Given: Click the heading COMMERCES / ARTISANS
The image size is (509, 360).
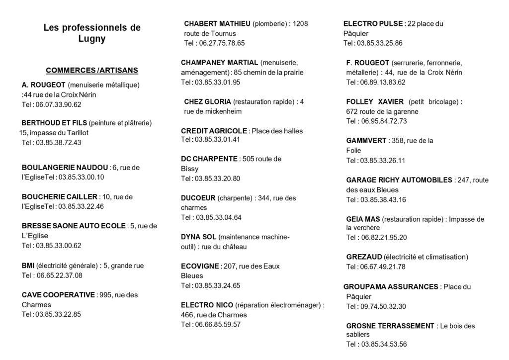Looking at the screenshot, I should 92,70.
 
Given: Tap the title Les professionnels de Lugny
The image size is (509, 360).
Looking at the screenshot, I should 92,33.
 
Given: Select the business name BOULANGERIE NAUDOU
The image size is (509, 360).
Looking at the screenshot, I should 65,167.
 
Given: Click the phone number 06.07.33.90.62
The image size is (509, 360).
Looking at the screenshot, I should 58,104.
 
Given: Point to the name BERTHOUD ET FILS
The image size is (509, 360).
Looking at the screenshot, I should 54,123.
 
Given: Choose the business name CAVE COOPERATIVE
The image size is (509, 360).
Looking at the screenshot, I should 58,295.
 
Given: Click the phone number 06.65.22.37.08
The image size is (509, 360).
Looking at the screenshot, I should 59,275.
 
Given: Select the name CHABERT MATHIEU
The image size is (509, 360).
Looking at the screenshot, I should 217,23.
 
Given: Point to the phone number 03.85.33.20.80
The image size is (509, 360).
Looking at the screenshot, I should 217,179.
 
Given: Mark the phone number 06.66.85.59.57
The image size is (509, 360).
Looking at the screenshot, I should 217,324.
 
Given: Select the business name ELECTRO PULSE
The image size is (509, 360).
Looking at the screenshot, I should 373,23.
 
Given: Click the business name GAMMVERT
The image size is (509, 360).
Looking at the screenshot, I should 366,141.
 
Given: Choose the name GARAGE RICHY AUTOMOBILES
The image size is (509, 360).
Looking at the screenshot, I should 399,180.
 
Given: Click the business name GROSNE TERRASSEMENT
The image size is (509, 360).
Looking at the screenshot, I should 390,326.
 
